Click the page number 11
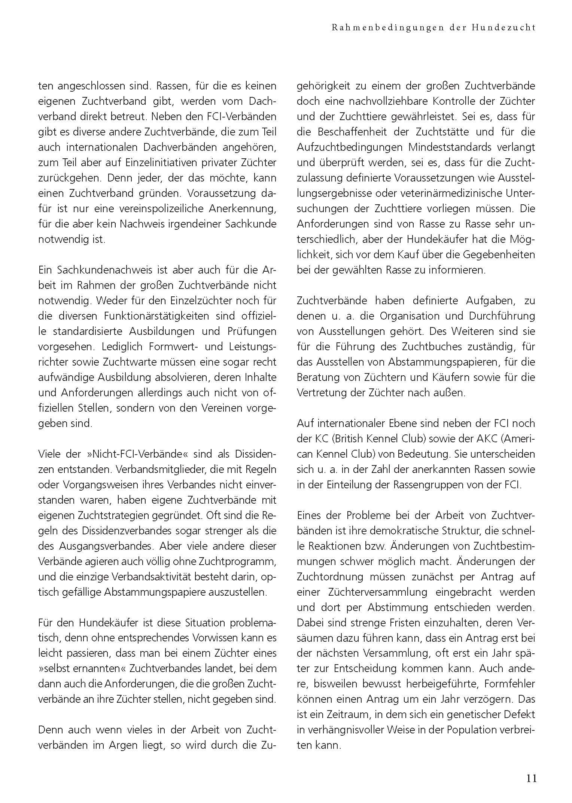coord(531,778)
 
